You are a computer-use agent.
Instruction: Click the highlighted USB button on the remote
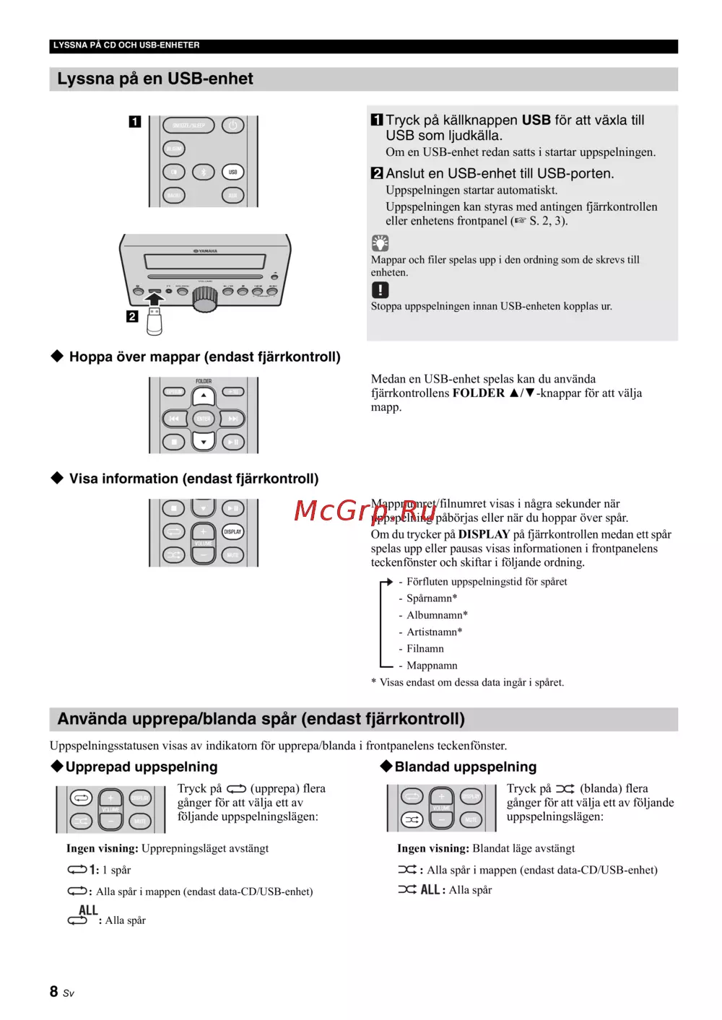pos(232,172)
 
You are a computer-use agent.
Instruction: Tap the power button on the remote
pos(232,126)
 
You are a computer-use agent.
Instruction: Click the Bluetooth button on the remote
pos(204,172)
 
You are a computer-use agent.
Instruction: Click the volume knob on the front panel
pos(205,297)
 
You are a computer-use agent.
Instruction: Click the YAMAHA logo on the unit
pos(205,251)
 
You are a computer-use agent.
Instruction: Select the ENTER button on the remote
pos(204,419)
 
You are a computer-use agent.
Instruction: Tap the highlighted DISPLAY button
pos(232,532)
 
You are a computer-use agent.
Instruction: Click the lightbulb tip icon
pos(380,243)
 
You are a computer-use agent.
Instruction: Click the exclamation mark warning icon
pos(380,289)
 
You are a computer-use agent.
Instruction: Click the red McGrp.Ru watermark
pos(365,511)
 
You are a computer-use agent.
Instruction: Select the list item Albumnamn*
pos(437,615)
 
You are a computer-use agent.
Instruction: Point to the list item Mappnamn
pos(432,666)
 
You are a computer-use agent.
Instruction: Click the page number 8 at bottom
pos(54,992)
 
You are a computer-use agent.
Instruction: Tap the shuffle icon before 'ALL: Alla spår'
pos(407,889)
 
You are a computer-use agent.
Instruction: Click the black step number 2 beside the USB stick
pos(132,316)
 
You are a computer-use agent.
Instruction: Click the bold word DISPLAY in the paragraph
pos(484,534)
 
